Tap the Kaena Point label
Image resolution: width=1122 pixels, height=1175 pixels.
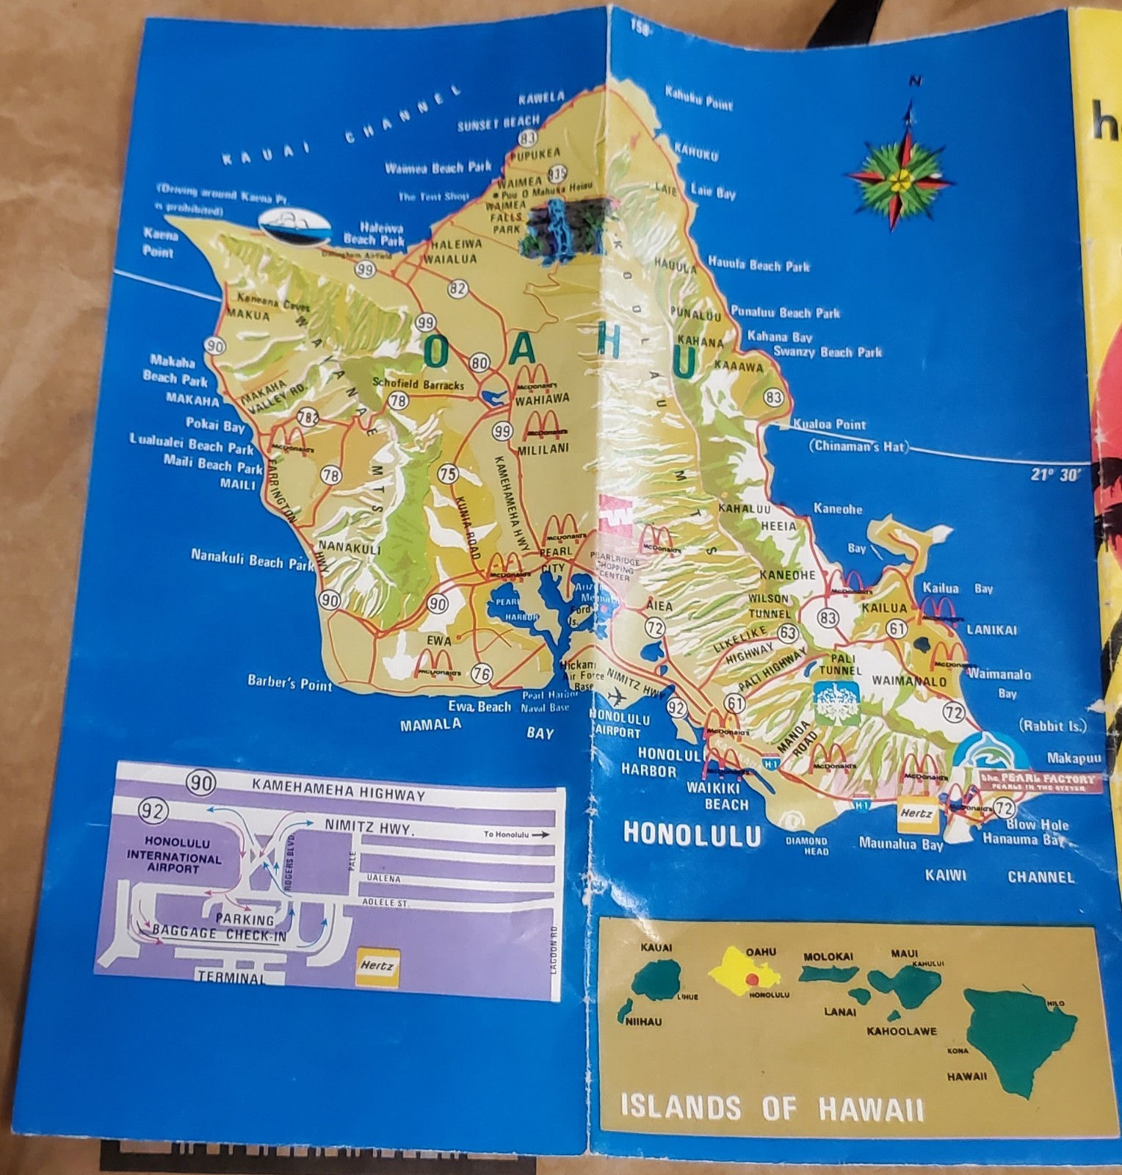158,243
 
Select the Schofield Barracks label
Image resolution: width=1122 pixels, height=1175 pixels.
418,383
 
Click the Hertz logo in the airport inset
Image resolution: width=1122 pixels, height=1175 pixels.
377,966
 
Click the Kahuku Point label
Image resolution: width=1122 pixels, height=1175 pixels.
698,98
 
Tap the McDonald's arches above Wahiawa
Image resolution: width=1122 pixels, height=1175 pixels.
535,378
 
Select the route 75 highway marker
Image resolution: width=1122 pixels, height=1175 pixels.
448,474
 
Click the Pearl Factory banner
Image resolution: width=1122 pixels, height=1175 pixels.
1043,781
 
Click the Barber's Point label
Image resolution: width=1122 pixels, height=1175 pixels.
289,683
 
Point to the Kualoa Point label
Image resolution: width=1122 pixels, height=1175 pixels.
829,424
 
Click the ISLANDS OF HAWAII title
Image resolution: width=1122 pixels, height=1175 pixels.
772,1106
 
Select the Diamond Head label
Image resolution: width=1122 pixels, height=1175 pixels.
806,846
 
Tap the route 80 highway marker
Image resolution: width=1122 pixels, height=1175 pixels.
480,362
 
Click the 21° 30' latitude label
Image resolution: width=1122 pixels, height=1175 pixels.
1056,474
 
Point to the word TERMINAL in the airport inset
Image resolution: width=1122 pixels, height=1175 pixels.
231,978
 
